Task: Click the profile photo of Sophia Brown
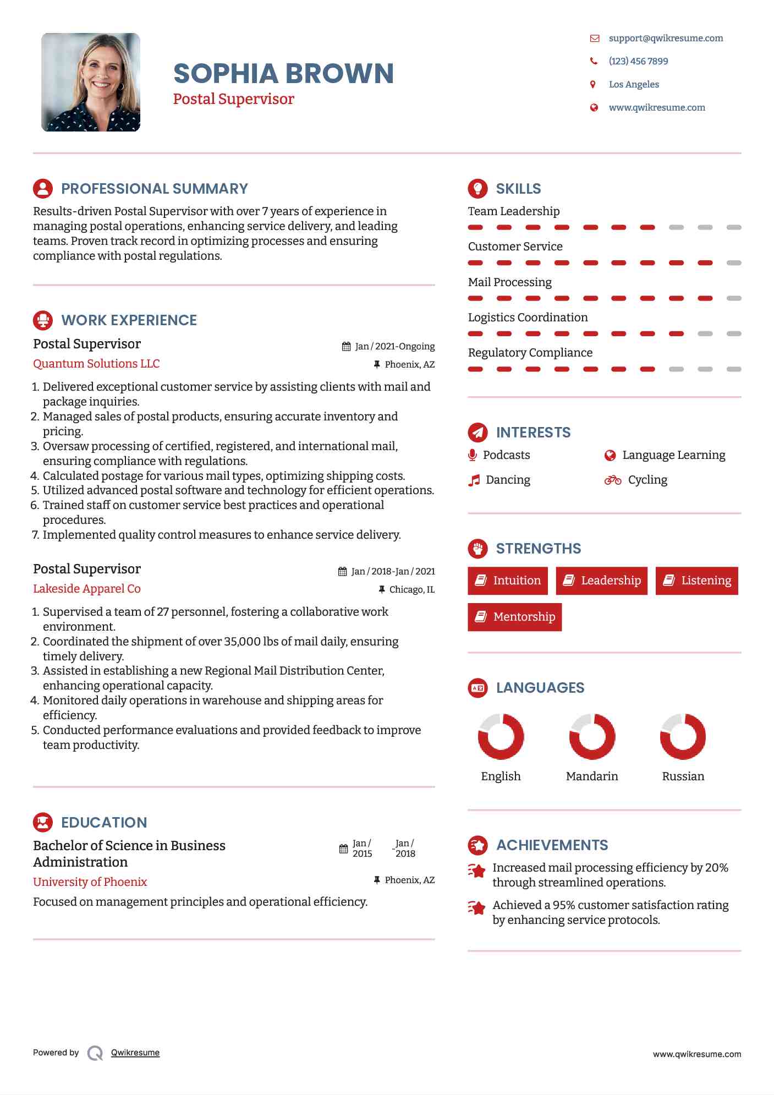91,82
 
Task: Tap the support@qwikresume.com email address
666,38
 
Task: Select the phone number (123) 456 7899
638,61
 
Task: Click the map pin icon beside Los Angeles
593,84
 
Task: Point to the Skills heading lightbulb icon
477,188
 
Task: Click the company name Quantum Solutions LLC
96,364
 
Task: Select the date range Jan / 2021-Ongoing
394,346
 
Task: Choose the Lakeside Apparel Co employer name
87,589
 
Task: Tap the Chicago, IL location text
411,589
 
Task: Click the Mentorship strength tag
514,617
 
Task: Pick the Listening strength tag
696,581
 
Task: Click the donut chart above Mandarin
592,737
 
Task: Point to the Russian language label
683,776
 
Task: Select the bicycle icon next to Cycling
613,480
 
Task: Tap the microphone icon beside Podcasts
472,455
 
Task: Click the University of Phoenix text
90,882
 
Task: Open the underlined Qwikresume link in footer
135,1053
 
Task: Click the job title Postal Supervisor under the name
234,99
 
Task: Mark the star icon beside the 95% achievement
477,908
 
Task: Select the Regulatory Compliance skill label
530,353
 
